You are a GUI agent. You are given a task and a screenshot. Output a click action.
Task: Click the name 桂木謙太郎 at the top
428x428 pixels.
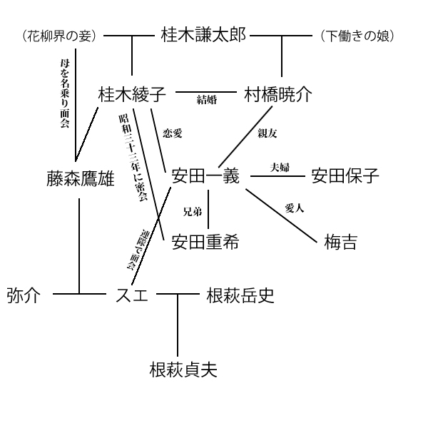coord(203,35)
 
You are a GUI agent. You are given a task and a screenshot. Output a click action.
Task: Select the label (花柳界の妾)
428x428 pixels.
coord(59,36)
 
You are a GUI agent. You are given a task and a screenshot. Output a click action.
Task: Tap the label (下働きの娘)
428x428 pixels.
coord(357,36)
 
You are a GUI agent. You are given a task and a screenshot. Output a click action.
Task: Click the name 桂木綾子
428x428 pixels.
coord(132,94)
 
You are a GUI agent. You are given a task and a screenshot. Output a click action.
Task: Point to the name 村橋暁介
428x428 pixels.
coord(278,94)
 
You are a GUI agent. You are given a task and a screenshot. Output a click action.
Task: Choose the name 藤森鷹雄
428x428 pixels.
coord(80,179)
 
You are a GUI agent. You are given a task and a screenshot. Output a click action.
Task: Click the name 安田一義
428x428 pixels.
coord(205,176)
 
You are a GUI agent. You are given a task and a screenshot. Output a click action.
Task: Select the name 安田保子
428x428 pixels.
coord(345,176)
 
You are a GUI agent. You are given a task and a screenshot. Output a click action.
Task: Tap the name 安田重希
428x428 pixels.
coord(205,242)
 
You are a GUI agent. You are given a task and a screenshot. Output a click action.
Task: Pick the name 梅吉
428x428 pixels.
coord(341,242)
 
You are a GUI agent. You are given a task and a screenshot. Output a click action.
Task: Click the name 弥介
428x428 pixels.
coord(24,295)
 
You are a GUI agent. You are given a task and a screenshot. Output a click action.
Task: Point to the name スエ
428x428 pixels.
coord(132,295)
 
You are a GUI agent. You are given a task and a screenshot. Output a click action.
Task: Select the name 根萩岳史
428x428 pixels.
coord(240,295)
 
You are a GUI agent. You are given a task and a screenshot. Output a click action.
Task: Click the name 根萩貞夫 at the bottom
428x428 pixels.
coord(183,370)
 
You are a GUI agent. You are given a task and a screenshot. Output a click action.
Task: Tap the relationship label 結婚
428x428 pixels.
coord(207,100)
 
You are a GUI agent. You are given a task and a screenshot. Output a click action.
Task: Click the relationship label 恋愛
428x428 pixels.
coord(172,133)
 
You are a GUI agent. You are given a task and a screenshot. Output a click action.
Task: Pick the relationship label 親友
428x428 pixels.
coord(267,133)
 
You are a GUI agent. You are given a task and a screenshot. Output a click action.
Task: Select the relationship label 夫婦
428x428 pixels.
coord(280,168)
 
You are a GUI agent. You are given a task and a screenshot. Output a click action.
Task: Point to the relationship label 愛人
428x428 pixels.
coord(295,208)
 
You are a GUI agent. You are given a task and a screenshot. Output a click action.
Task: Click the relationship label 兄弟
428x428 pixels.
coord(193,212)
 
